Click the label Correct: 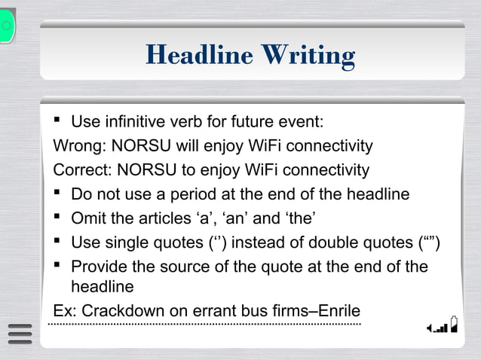(x=82, y=169)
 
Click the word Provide (x=100, y=267)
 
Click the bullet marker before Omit (x=59, y=218)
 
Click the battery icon (x=454, y=324)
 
